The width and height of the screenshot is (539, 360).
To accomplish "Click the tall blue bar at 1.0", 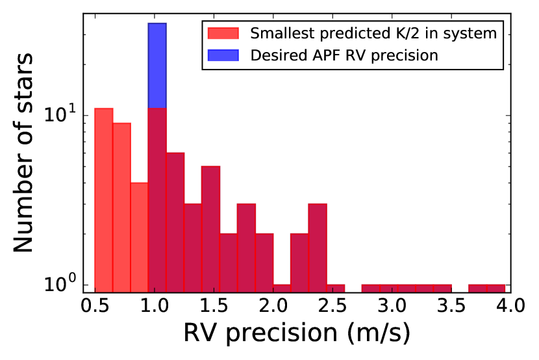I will coord(157,65).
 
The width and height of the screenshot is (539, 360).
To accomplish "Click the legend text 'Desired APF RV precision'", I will coord(344,55).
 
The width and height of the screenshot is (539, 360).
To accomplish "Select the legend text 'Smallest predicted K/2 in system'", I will coord(373,33).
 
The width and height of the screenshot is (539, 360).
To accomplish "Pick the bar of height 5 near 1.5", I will coord(210,228).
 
